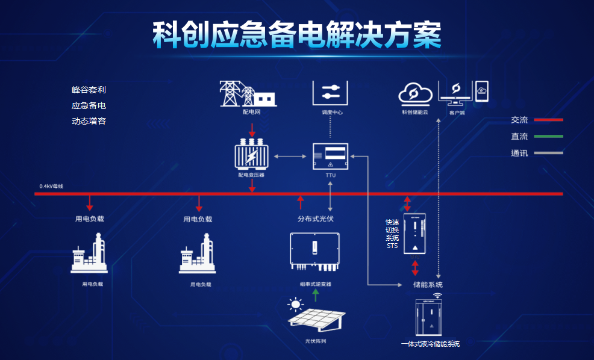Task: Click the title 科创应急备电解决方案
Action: [x=296, y=36]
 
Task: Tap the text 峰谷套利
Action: [x=89, y=90]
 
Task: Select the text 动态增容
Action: [x=89, y=121]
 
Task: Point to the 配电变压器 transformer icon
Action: [x=251, y=155]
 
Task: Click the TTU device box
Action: [x=330, y=157]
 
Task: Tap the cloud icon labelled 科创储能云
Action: [x=416, y=93]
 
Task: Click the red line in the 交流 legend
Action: [x=548, y=120]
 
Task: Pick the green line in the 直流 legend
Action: [x=548, y=137]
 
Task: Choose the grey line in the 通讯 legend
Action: [x=548, y=153]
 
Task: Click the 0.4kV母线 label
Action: [x=51, y=186]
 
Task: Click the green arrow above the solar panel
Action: [x=315, y=294]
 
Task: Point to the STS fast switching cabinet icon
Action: [x=414, y=235]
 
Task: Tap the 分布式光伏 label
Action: [x=315, y=219]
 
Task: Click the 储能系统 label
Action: [x=428, y=284]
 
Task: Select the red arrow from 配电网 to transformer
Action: [x=252, y=129]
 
